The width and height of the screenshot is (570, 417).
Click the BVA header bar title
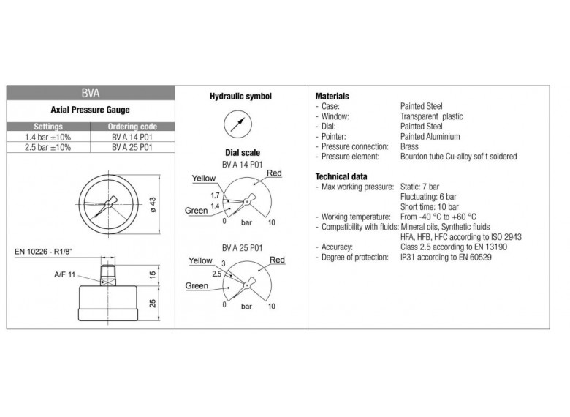coord(91,94)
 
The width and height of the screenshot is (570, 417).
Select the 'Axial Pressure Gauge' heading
coord(91,110)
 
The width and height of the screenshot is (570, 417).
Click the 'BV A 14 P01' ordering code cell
coord(132,137)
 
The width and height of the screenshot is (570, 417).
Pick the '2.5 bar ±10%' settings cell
coord(48,146)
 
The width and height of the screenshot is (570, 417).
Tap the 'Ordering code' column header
coord(132,127)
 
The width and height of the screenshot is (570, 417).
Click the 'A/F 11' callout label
coord(65,274)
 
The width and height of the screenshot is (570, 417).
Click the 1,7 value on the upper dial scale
coord(215,196)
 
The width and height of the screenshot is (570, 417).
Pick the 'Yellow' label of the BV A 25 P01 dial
coord(200,261)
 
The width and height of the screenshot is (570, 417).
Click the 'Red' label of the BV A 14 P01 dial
coord(274,173)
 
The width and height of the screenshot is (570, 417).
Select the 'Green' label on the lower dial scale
coord(197,285)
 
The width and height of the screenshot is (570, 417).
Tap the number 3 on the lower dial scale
coord(224,263)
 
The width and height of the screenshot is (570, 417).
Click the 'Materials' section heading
coord(332,97)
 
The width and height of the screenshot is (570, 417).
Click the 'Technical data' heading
coord(341,176)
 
